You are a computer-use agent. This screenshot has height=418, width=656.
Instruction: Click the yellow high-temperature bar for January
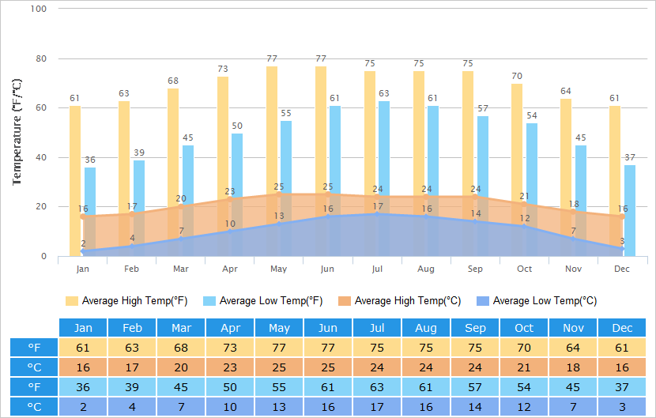75,181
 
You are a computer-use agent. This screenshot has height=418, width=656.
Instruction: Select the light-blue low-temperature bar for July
384,179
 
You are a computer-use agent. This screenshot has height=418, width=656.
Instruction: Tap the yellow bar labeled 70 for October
517,170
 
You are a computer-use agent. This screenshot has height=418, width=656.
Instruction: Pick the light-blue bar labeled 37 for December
630,210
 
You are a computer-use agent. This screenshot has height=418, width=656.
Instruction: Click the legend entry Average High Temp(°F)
126,301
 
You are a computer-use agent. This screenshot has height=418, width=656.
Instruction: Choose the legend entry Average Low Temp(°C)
537,301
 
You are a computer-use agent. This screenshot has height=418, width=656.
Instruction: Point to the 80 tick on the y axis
41,58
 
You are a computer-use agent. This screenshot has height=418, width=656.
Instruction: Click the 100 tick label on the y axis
39,9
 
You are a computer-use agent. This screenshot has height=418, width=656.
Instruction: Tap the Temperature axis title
17,132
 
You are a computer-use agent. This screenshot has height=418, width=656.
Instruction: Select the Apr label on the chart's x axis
230,269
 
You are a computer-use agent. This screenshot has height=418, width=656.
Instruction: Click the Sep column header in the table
475,328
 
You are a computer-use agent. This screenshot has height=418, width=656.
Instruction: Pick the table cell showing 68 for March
181,348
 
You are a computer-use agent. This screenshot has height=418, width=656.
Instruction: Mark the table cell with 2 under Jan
83,407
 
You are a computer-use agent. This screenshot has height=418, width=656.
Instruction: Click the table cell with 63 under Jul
376,387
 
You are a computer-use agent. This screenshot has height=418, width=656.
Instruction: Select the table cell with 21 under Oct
524,367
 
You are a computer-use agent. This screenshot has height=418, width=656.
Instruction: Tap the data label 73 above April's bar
223,69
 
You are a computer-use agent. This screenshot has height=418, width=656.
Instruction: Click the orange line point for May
279,194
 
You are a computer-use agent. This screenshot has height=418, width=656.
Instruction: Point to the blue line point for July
377,214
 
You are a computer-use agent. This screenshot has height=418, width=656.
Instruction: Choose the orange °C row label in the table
34,367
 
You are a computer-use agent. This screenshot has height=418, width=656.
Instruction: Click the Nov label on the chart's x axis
573,269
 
